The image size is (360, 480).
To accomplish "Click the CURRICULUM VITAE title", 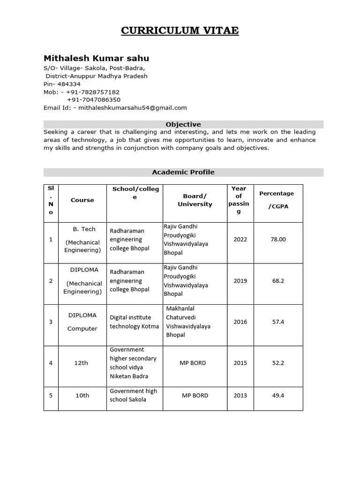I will pyautogui.click(x=180, y=31).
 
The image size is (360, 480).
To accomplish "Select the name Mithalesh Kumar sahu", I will pyautogui.click(x=96, y=59).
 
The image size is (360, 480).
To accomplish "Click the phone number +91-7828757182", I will pyautogui.click(x=93, y=92).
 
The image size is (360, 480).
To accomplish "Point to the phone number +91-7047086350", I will pyautogui.click(x=93, y=100).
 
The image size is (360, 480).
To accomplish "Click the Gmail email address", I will pyautogui.click(x=133, y=107).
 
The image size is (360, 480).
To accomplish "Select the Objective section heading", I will pyautogui.click(x=183, y=124).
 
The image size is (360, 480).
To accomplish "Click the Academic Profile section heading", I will pyautogui.click(x=183, y=172).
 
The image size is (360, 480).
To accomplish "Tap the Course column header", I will pyautogui.click(x=82, y=200).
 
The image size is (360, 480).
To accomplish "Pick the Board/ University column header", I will pyautogui.click(x=195, y=200).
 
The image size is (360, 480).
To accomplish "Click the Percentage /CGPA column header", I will pyautogui.click(x=277, y=200).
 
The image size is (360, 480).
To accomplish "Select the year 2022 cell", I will pyautogui.click(x=240, y=240).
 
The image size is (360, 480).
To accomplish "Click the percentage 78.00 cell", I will pyautogui.click(x=278, y=240).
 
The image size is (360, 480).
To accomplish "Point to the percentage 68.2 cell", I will pyautogui.click(x=278, y=281).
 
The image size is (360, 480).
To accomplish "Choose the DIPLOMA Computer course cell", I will pyautogui.click(x=82, y=322).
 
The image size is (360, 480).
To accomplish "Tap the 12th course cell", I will pyautogui.click(x=81, y=363).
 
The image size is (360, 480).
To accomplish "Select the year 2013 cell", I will pyautogui.click(x=240, y=396).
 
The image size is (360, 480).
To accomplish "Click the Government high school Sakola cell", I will pyautogui.click(x=134, y=396).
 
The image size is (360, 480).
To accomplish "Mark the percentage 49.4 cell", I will pyautogui.click(x=278, y=396).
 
